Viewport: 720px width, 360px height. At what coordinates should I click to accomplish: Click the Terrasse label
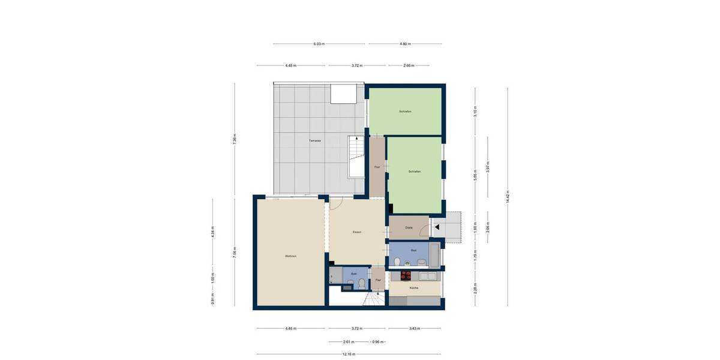315,140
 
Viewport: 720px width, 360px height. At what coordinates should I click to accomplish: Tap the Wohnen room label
291,256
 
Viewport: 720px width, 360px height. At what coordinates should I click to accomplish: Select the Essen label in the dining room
356,232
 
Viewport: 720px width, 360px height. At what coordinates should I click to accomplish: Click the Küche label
414,288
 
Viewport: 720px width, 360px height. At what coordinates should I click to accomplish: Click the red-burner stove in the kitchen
405,276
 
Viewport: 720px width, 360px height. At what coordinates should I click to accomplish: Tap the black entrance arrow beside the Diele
437,228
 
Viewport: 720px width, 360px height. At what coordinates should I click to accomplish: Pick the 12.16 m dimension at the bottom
349,354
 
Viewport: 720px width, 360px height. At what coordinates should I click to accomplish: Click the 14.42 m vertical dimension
508,197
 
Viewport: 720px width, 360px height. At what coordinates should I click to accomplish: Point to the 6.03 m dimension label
319,44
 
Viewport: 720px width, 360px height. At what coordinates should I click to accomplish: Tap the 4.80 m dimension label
404,44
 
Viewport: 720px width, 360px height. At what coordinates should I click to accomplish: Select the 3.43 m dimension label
414,328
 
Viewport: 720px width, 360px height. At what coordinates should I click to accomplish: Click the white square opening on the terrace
343,94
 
